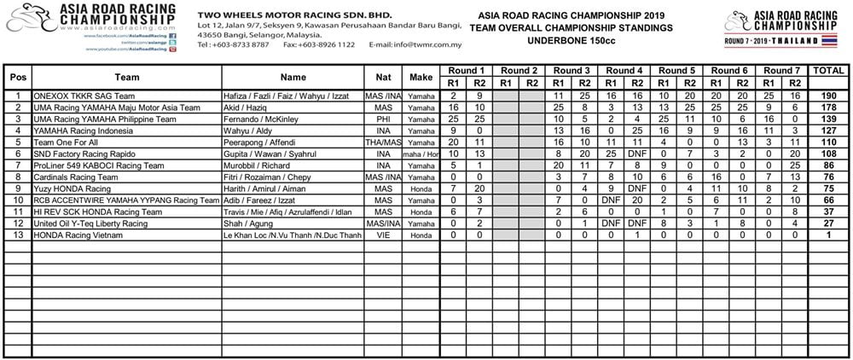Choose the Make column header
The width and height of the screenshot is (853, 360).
tap(421, 77)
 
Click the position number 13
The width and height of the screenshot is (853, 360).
tap(17, 234)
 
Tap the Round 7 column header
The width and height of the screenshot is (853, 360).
tap(780, 70)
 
